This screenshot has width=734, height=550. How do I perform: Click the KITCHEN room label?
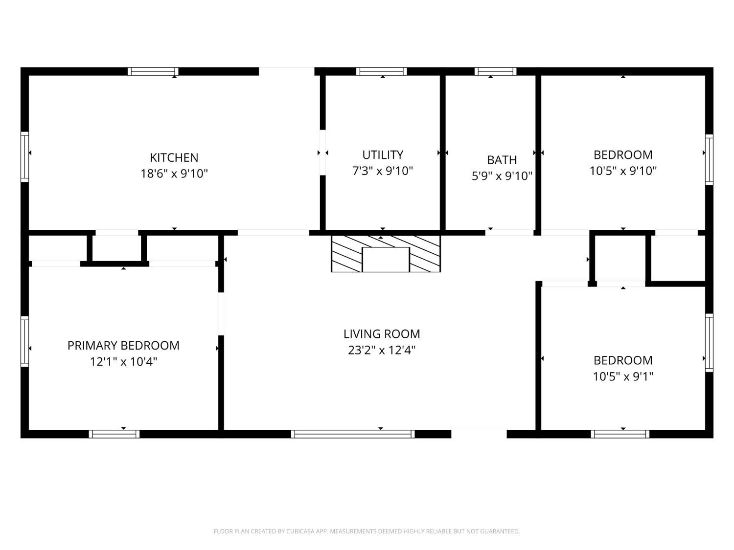(x=174, y=157)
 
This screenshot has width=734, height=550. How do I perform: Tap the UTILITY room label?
(x=383, y=154)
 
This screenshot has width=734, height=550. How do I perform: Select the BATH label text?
(x=502, y=160)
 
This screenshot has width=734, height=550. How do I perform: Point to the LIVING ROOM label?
(x=382, y=333)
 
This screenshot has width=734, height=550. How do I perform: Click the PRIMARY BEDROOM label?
(x=123, y=345)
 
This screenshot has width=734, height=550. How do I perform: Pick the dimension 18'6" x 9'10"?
(x=174, y=174)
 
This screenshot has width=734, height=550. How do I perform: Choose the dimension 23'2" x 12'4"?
(x=382, y=350)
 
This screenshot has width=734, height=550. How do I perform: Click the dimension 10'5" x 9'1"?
(x=623, y=376)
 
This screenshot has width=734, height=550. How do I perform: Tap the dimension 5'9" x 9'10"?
(x=502, y=176)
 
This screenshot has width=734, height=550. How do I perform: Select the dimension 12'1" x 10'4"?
(x=123, y=362)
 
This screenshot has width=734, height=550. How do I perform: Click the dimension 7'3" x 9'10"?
(x=383, y=171)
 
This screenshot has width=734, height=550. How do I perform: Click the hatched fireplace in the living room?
(x=386, y=253)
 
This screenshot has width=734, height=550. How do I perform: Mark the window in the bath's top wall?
(x=495, y=71)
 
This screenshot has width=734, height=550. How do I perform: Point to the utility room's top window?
(x=381, y=71)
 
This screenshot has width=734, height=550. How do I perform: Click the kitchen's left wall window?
(x=25, y=157)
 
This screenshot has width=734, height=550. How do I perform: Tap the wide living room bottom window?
(x=353, y=434)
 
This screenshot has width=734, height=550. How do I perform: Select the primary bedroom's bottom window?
(x=114, y=434)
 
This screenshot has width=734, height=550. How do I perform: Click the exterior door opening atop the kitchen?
(x=287, y=71)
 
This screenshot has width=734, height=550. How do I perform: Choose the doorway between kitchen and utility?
(x=322, y=152)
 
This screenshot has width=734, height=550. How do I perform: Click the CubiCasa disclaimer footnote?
(x=367, y=531)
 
